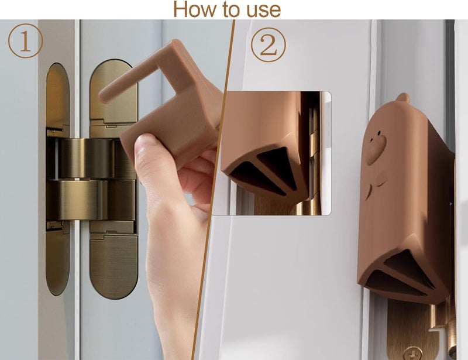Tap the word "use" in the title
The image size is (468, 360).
pyautogui.click(x=261, y=9)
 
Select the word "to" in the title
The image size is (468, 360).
pyautogui.click(x=228, y=9)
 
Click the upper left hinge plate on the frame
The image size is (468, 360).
pyautogui.click(x=57, y=97)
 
